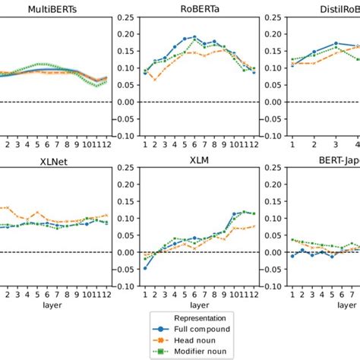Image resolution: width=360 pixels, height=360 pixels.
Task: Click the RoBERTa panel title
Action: click(x=200, y=9)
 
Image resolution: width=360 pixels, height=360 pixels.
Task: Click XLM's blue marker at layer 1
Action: click(x=145, y=268)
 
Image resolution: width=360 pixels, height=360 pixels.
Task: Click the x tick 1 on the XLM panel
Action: click(x=145, y=295)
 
